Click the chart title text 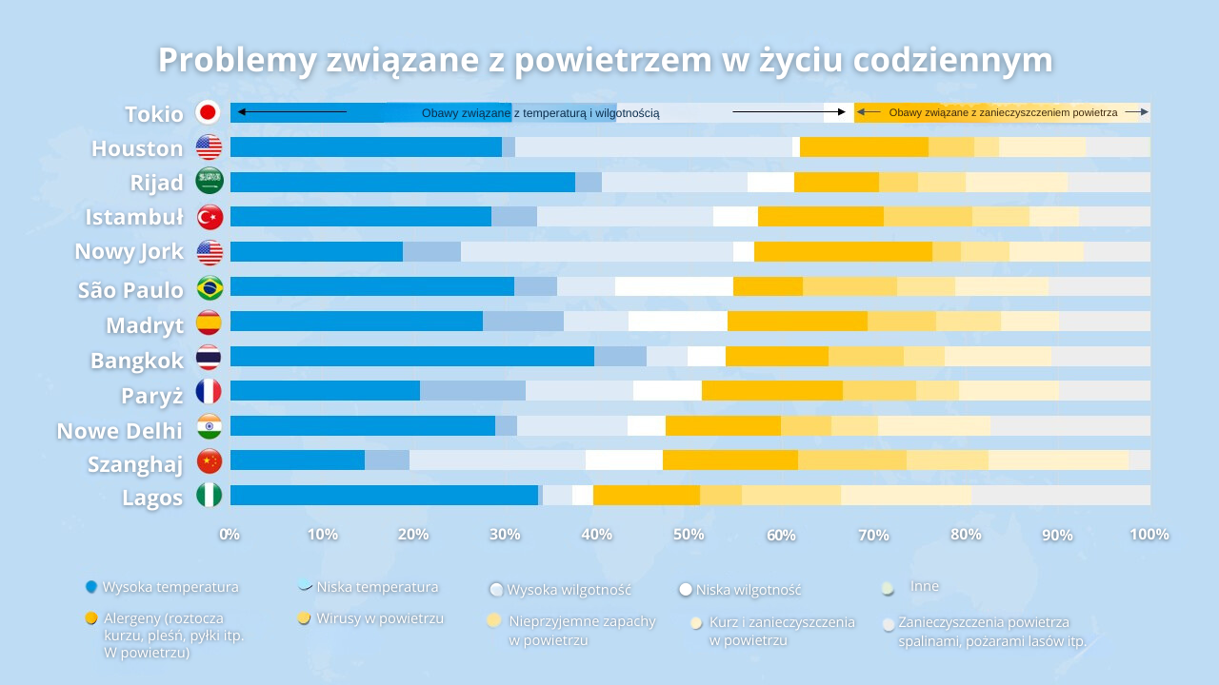click(605, 60)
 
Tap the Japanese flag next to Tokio click(209, 112)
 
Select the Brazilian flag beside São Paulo click(210, 287)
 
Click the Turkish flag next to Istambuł click(210, 217)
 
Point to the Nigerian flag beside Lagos click(210, 496)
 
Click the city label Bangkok click(137, 361)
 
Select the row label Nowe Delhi click(120, 431)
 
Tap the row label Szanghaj click(135, 464)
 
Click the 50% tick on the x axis click(689, 535)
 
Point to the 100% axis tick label click(1149, 535)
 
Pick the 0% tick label click(230, 535)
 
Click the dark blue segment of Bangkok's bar click(411, 356)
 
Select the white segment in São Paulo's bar click(673, 286)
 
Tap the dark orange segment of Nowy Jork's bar click(843, 251)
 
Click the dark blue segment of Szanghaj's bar click(297, 460)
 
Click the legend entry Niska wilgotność click(748, 590)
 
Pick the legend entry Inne click(924, 586)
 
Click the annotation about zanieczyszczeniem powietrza click(1002, 112)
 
